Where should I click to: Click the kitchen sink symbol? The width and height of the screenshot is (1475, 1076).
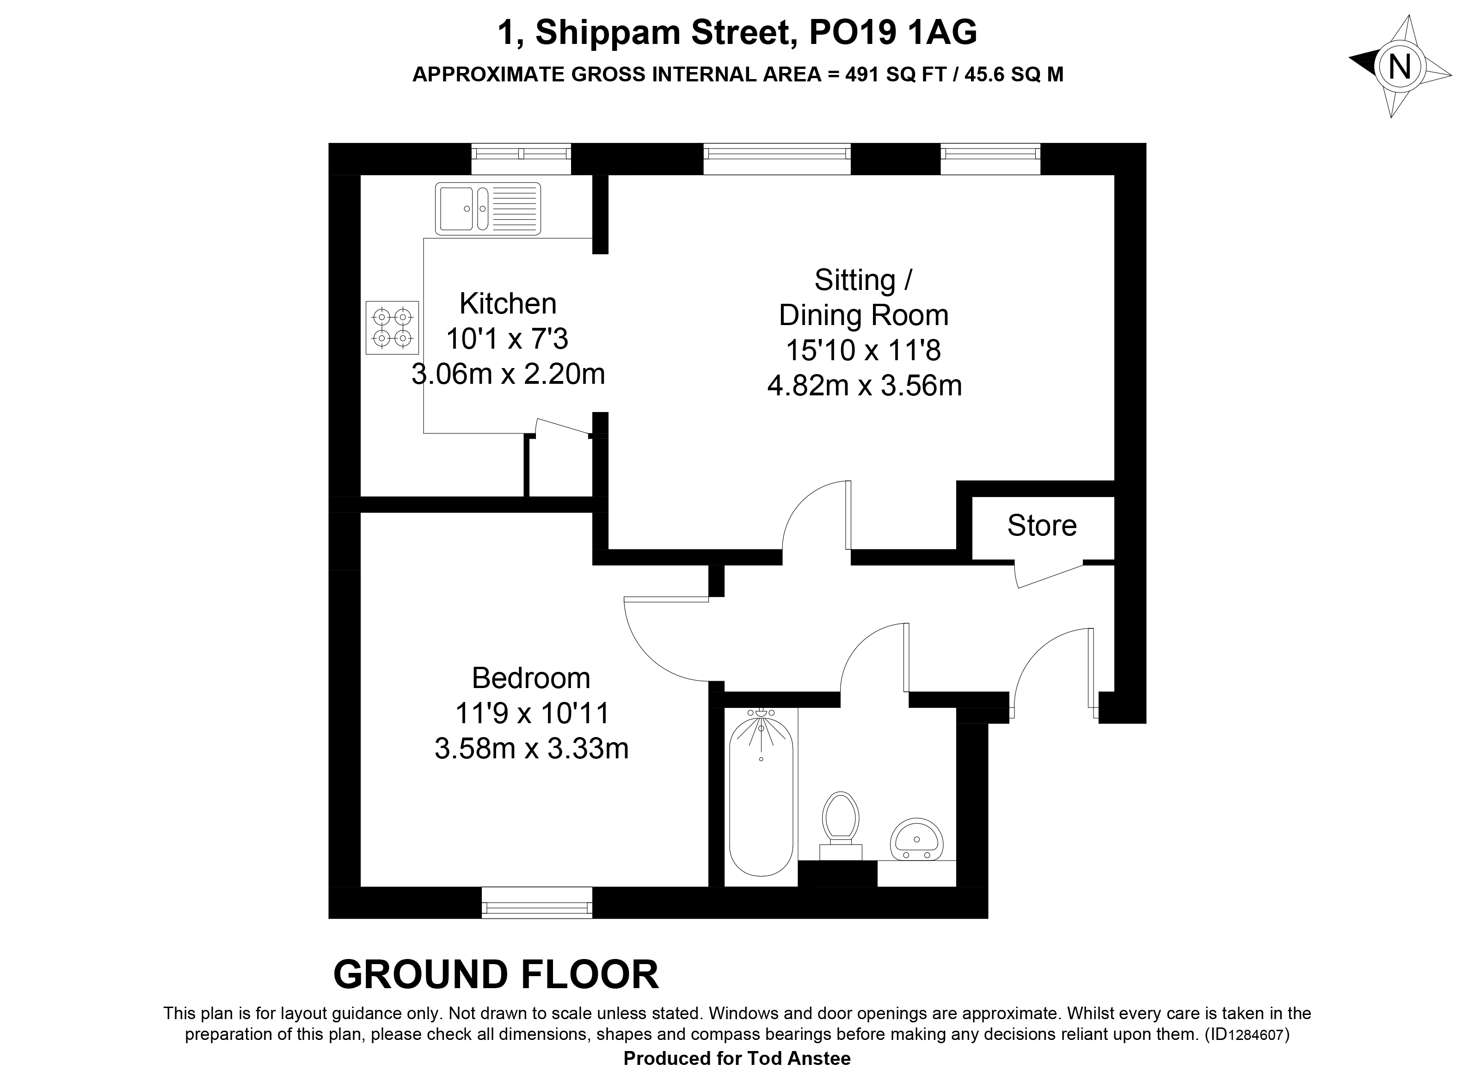(x=488, y=209)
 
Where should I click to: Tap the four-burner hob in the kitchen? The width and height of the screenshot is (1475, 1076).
(x=392, y=328)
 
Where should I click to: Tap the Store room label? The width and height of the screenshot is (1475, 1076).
(x=1042, y=526)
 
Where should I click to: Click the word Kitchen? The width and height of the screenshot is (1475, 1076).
(x=508, y=303)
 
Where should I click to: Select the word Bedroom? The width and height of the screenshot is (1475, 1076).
(x=531, y=678)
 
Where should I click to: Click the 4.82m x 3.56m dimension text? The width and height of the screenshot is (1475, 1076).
(x=864, y=386)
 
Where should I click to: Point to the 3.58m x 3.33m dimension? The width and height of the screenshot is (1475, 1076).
(x=531, y=748)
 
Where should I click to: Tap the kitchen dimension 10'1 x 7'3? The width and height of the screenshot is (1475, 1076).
(x=507, y=338)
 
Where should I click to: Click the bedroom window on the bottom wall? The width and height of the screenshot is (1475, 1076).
(x=537, y=903)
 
